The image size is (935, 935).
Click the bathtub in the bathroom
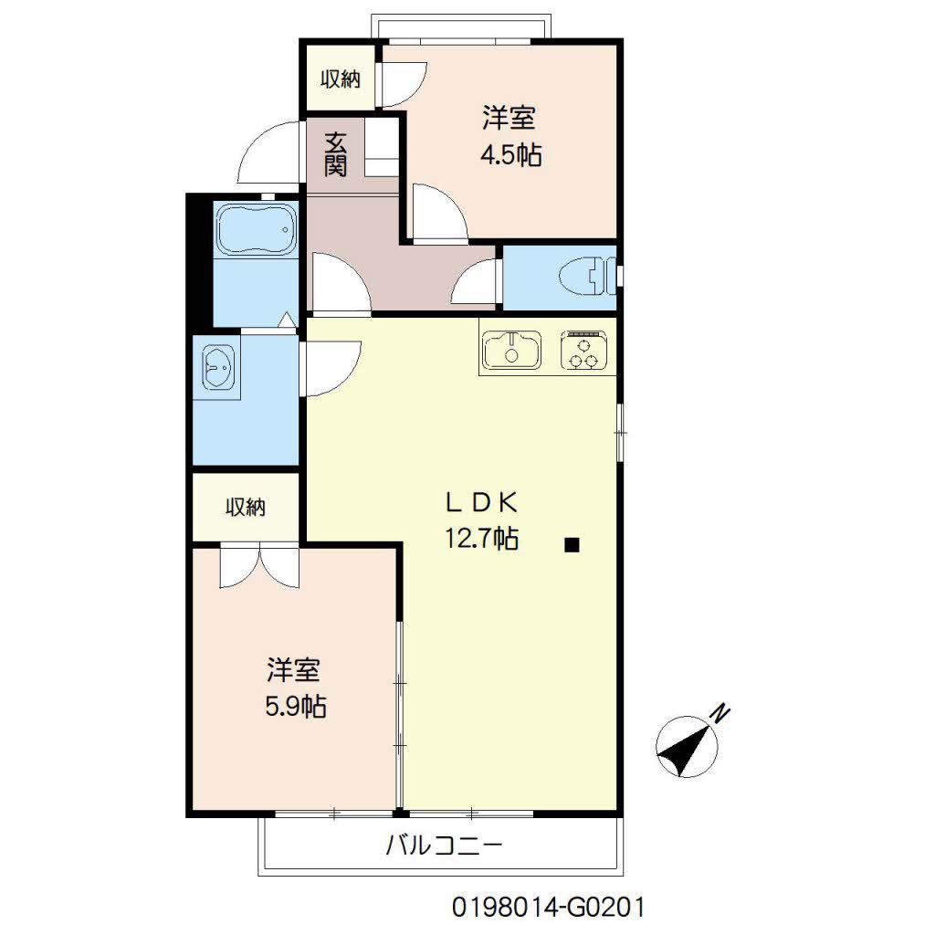point(256,229)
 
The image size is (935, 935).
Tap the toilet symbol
point(587,277)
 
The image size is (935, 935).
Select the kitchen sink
point(511,350)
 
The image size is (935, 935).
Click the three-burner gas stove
point(583,350)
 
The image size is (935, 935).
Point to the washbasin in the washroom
point(218,367)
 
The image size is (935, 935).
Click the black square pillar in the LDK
point(572,544)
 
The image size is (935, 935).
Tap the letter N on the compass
point(721,713)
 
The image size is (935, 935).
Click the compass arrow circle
point(687,747)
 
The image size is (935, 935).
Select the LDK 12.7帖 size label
point(482,520)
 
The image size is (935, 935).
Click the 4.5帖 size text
point(511,155)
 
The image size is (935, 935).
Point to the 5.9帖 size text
point(295,708)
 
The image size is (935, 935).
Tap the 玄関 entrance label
point(336,153)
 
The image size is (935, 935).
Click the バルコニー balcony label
point(445,845)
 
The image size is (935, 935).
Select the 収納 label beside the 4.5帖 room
point(341,79)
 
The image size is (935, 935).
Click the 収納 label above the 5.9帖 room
point(245,508)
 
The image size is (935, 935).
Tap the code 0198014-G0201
point(548,908)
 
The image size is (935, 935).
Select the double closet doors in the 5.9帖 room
point(259,565)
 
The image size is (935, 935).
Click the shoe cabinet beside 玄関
point(381,147)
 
